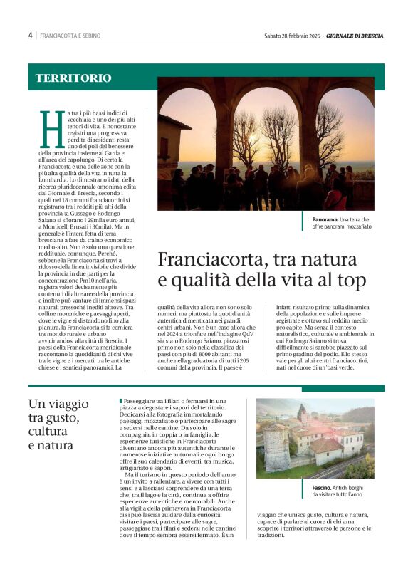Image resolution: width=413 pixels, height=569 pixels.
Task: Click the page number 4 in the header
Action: (x=31, y=35)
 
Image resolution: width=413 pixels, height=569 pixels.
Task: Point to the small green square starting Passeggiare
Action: (x=122, y=402)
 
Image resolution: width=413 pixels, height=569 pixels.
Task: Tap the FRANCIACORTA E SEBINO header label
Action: (x=70, y=36)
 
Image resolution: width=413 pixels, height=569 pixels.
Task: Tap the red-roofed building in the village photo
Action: (x=328, y=445)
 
